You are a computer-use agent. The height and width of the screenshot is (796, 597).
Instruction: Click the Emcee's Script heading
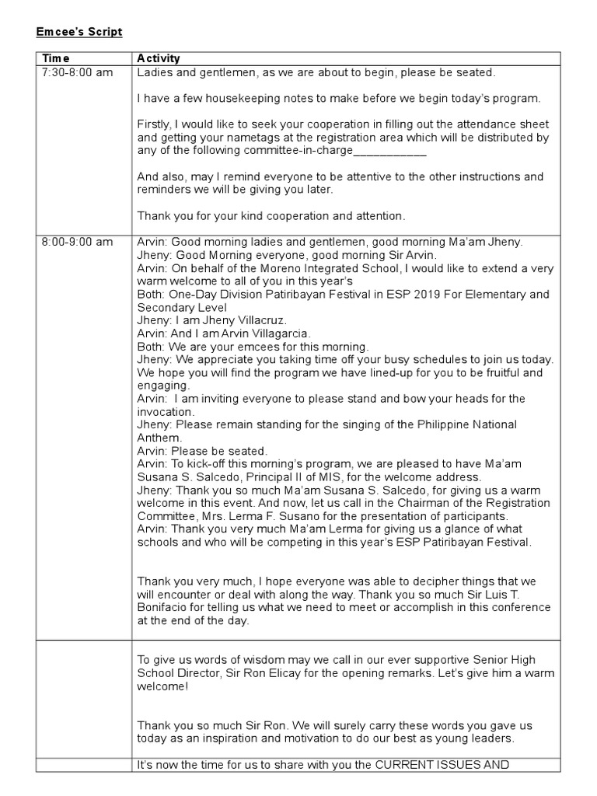tap(79, 32)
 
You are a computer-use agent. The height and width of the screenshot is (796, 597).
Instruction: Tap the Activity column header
tap(159, 58)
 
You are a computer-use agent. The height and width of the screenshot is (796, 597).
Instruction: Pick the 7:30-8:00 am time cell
tap(77, 72)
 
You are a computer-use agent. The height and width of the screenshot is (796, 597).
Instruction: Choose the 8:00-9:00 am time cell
tap(77, 242)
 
